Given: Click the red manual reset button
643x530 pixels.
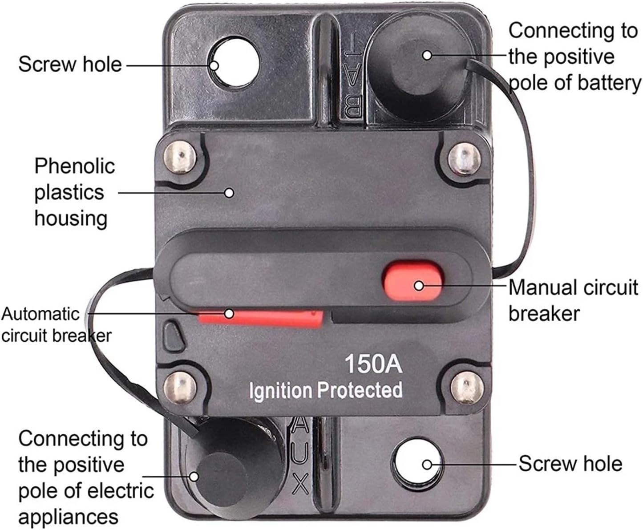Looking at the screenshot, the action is click(x=413, y=280).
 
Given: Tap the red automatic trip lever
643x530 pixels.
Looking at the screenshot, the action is click(x=260, y=318).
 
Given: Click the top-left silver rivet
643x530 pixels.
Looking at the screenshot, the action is click(x=179, y=158).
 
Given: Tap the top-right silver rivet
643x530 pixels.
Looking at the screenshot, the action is click(x=464, y=159).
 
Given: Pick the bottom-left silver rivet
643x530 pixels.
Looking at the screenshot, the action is click(x=180, y=388).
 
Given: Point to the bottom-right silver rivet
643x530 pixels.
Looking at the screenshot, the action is click(x=467, y=388).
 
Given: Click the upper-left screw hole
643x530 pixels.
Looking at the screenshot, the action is click(x=235, y=62).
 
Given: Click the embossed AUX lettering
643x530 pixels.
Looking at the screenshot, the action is click(x=299, y=455).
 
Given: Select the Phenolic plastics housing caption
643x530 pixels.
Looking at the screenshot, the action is click(x=74, y=192).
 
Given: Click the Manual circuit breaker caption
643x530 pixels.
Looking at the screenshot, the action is click(x=573, y=300).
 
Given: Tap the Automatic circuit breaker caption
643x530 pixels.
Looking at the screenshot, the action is click(x=56, y=324).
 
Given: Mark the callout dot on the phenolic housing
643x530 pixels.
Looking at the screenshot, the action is click(x=229, y=193).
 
